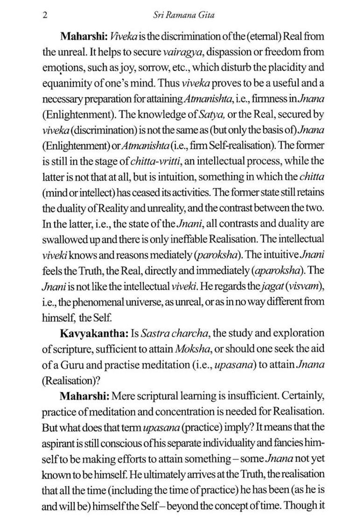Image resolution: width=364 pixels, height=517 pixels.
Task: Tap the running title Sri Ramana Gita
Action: (x=184, y=15)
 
